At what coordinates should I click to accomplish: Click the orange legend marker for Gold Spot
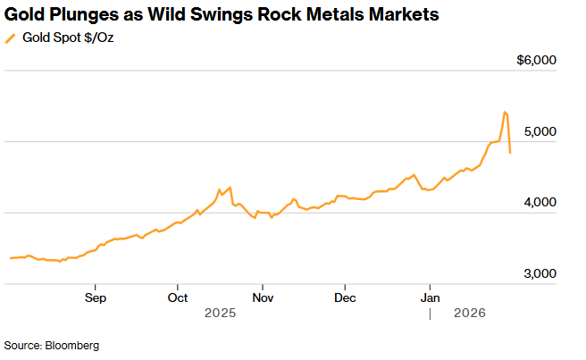(x=10, y=38)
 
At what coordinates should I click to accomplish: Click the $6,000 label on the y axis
(x=537, y=60)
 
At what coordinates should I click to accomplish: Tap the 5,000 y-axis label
(x=540, y=131)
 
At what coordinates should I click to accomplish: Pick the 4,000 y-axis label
(x=540, y=203)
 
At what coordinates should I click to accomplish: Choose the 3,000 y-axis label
(x=540, y=274)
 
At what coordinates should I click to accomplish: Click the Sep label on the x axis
(x=96, y=297)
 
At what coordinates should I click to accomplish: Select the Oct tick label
(x=177, y=297)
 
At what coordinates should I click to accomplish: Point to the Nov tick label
(x=262, y=297)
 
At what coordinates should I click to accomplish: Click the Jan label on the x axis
(x=431, y=297)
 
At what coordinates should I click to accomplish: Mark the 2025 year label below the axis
(x=219, y=313)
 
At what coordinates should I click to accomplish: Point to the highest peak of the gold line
(x=505, y=112)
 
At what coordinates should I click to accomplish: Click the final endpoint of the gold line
(x=510, y=153)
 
